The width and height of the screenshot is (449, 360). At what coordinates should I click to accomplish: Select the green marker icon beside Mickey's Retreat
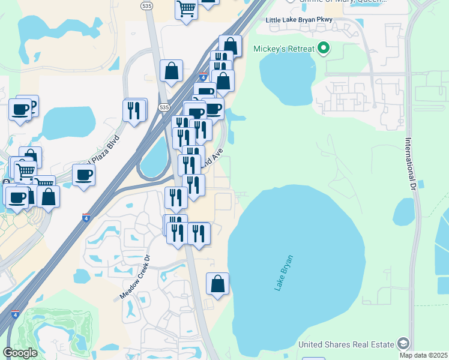[324, 48]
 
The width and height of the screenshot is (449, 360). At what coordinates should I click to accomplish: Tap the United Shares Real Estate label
[346, 344]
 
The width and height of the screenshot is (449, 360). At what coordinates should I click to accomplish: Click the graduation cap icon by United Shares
[403, 344]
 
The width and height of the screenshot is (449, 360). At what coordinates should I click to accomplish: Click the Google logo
[20, 352]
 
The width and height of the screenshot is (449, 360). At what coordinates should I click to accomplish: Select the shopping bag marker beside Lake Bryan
[217, 284]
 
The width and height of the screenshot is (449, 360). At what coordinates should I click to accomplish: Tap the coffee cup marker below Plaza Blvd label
[83, 175]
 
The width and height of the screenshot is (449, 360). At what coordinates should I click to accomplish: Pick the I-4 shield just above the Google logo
[15, 313]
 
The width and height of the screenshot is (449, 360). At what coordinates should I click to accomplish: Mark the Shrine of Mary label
[336, 2]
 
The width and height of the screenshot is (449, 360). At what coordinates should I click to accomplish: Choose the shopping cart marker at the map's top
[187, 10]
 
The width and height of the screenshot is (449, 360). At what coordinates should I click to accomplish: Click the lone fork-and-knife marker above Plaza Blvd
[135, 110]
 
